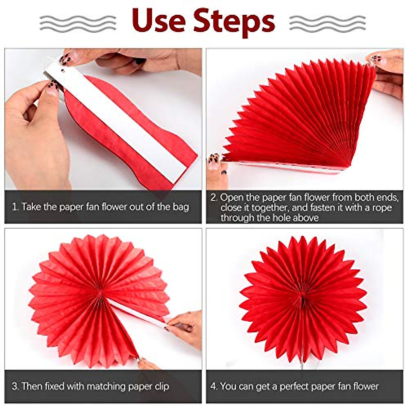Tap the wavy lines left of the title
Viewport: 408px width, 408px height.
78,23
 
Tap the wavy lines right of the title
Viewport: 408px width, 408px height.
327,23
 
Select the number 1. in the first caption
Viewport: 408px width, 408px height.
15,207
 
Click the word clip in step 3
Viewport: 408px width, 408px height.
161,387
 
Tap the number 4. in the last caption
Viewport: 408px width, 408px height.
214,387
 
